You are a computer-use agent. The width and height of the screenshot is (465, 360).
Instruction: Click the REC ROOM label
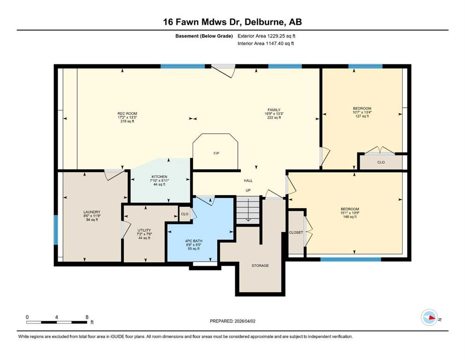[x=127, y=113]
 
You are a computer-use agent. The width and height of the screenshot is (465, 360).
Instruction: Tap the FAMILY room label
[x=274, y=110]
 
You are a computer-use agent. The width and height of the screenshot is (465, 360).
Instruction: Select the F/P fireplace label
[x=216, y=153]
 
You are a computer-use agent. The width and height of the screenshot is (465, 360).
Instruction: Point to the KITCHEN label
[x=160, y=177]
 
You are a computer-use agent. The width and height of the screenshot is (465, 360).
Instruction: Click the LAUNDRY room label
[x=92, y=212]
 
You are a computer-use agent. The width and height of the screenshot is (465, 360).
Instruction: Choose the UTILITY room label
[x=144, y=230]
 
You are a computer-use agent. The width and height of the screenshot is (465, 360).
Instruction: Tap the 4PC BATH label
[x=194, y=241]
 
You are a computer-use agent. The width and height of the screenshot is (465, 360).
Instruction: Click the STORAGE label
[x=260, y=266]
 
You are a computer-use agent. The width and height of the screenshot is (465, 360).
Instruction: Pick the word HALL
[x=248, y=180]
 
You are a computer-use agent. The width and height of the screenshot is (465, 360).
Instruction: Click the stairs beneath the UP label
[x=248, y=210]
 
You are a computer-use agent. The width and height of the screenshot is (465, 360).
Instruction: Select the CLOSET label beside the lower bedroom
[x=296, y=232]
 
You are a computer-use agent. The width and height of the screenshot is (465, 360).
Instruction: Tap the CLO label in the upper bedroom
[x=381, y=162]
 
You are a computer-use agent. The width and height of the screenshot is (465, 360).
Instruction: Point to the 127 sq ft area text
[x=362, y=116]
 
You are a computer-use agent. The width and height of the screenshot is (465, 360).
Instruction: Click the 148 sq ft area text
[x=350, y=217]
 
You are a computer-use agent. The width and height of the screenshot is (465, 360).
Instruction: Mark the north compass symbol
[x=429, y=317]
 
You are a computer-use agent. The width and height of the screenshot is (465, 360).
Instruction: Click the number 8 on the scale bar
[x=87, y=317]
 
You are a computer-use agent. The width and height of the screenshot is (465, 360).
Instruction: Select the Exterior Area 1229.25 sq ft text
[x=266, y=36]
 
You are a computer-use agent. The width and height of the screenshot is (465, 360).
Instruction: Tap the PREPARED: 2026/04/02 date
[x=232, y=321]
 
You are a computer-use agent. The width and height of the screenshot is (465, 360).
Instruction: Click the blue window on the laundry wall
[x=56, y=230]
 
